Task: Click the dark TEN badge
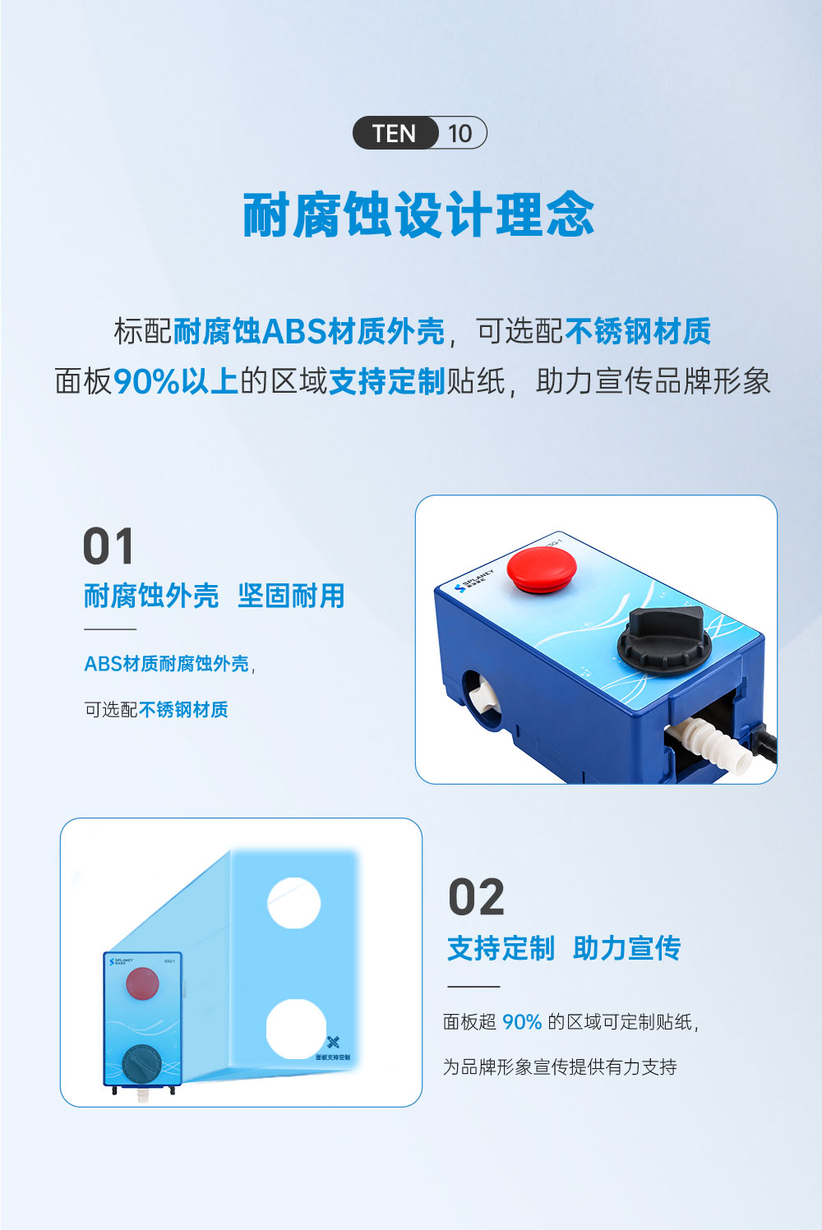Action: coord(395,133)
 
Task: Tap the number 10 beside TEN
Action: coord(460,133)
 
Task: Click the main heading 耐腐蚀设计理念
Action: coord(418,215)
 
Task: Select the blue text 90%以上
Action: coord(175,381)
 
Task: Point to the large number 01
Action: coord(109,547)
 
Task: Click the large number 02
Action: coord(477,897)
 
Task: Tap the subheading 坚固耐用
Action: coord(291,596)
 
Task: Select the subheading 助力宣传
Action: coord(626,948)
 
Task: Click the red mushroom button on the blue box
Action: coord(541,567)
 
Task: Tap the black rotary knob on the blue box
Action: coord(664,637)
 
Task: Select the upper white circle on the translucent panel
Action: coord(293,903)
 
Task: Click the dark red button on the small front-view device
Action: coord(142,984)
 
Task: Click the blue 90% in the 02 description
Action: coord(522,1022)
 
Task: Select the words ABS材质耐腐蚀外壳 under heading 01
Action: coord(166,664)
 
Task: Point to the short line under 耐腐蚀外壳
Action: coord(110,629)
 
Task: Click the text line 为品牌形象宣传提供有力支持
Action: coord(560,1066)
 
